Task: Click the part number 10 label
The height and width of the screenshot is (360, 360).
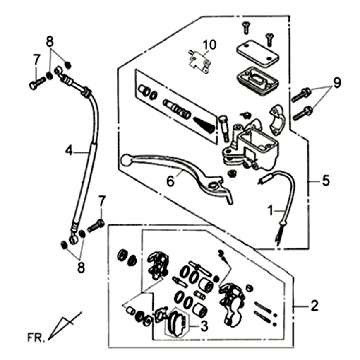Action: point(210,44)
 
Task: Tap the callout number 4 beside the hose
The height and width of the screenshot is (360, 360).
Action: point(69,151)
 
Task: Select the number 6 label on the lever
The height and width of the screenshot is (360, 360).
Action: point(170,182)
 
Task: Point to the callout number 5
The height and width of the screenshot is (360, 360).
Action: point(325,181)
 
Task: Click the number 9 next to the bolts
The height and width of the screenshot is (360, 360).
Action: point(337,83)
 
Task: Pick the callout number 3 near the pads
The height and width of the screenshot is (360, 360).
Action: point(204,327)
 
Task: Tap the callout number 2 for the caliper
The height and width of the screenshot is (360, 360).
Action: point(314,306)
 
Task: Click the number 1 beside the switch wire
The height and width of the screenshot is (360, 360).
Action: point(271,211)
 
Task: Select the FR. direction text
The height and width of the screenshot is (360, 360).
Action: point(35,338)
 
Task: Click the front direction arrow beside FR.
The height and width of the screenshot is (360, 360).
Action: point(65,325)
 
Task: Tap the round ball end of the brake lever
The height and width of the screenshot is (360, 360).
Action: point(126,160)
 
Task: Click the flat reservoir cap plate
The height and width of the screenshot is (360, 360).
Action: point(257,53)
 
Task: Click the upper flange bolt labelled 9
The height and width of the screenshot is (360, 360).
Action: point(301,94)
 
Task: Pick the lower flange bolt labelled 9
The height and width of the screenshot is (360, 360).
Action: point(302,113)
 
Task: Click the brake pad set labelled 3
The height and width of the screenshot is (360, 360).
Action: point(177,323)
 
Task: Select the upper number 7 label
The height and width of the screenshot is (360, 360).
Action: point(36,60)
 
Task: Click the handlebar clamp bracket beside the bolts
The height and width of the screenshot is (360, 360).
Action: point(276,119)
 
